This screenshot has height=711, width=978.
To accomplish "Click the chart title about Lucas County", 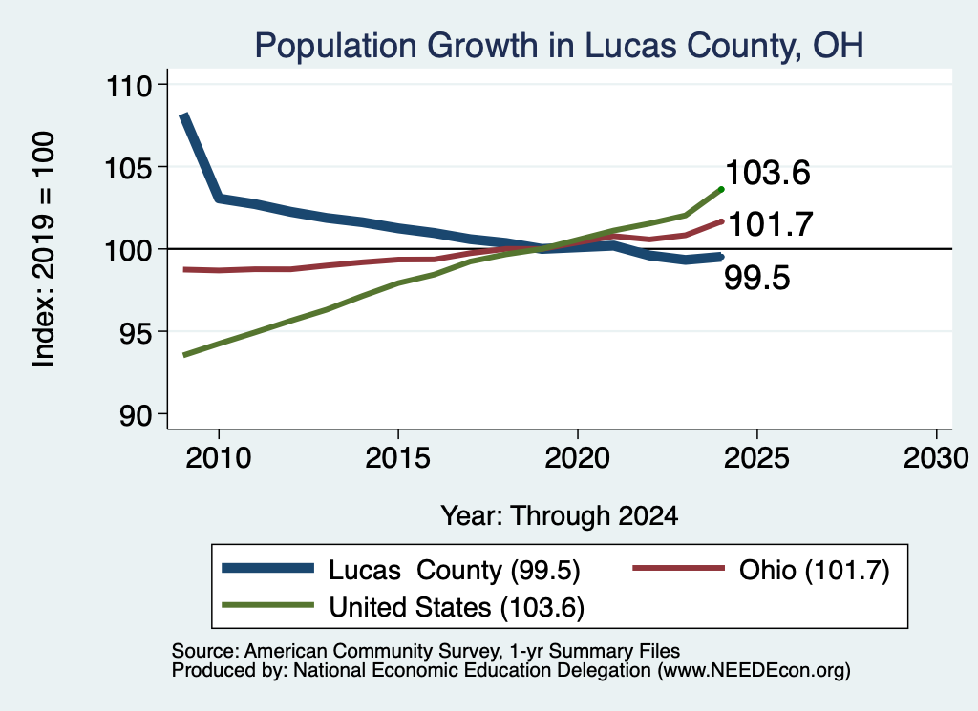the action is [559, 46].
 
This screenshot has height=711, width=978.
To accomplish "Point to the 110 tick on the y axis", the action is [129, 86].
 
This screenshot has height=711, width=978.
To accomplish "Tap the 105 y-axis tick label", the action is [129, 168].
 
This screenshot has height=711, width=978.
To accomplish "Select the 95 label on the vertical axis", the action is [136, 333].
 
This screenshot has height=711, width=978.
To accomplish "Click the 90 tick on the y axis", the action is [136, 416].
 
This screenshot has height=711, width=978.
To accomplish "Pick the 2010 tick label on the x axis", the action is [219, 458].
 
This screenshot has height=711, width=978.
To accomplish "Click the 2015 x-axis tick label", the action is [398, 458].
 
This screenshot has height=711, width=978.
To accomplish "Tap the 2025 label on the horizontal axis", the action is [756, 458].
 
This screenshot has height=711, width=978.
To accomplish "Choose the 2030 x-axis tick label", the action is [936, 458].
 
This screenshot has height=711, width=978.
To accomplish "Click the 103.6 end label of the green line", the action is [768, 173].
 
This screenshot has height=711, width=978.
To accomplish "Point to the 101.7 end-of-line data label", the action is [771, 224].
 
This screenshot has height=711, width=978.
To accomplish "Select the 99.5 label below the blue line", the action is [756, 278].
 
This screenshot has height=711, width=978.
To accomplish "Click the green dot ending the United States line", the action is [722, 189].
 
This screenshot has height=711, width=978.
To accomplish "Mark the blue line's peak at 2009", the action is [184, 115].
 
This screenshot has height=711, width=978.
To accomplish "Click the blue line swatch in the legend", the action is [267, 568].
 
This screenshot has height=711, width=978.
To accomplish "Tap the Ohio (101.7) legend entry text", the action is [815, 570].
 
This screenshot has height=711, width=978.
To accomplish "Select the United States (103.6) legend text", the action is [457, 608].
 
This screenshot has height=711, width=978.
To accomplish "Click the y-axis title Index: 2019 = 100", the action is [43, 249].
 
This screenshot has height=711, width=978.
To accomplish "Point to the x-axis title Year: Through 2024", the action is [560, 516].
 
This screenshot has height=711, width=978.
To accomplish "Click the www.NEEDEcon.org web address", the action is [754, 671].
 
